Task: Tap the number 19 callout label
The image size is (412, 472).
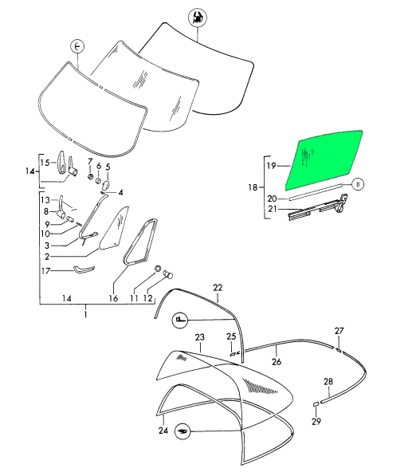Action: tap(271, 166)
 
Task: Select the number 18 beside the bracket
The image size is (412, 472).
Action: tap(253, 187)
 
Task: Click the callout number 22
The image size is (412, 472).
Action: tap(218, 288)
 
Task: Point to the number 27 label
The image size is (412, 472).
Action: tap(339, 331)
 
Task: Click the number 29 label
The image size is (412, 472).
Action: tap(316, 422)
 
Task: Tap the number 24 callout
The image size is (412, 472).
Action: tap(163, 431)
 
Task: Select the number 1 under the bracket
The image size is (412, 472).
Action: tap(85, 315)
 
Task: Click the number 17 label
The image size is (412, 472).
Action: tap(45, 271)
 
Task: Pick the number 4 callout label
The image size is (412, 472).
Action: tap(120, 192)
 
